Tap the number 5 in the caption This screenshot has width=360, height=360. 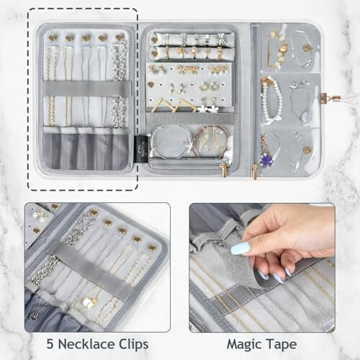50,344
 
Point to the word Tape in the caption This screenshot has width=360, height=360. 282,345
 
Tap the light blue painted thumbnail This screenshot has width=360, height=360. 240,248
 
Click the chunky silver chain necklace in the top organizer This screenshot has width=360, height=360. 118,84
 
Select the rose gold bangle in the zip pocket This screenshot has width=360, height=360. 211,142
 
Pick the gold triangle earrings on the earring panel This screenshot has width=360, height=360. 168,105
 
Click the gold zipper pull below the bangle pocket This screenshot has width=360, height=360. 224,169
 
